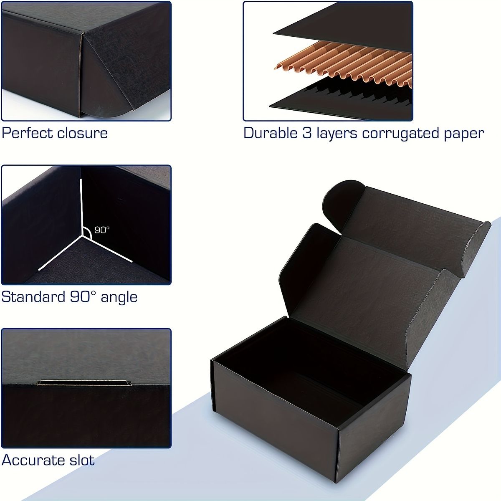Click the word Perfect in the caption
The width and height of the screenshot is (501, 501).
pos(27,133)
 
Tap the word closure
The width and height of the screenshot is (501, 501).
pos(82,133)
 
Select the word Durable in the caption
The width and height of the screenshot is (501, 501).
pos(271,133)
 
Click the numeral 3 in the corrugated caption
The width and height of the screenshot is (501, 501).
pos(307,133)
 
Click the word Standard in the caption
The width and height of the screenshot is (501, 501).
pos(33,297)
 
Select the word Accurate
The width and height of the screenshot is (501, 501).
pos(33,460)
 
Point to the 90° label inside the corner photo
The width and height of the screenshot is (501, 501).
pos(102,230)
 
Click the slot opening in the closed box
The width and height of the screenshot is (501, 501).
pos(84,382)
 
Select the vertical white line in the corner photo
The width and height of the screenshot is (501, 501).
pos(82,207)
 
